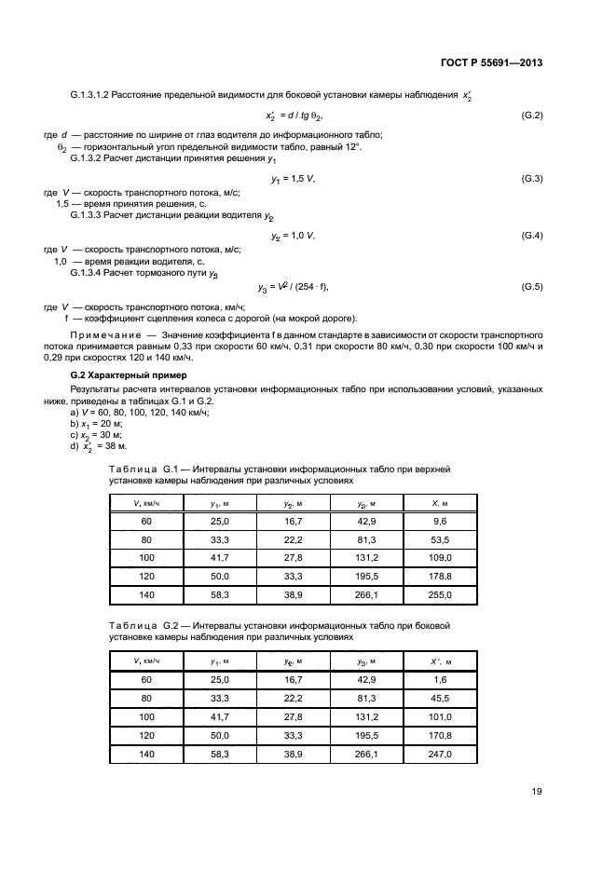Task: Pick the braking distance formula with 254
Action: (294, 287)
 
